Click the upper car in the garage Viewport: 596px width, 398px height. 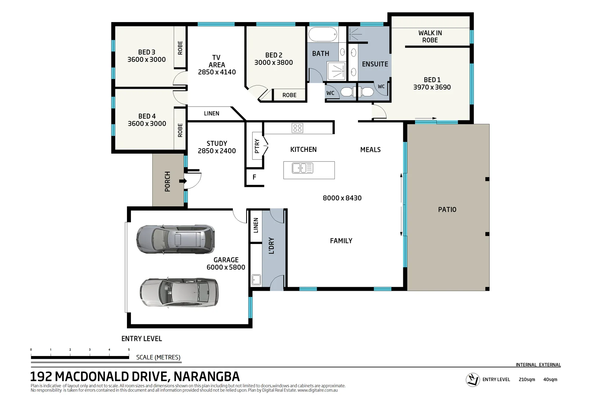point(175,240)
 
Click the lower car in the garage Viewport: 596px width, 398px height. point(179,293)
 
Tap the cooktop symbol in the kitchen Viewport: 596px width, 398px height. point(297,128)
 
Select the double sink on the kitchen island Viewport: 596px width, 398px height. point(302,168)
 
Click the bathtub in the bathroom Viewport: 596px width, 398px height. point(323,35)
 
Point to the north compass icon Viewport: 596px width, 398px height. point(472,380)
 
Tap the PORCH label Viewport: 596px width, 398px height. point(167,181)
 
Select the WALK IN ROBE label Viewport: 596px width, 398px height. point(430,36)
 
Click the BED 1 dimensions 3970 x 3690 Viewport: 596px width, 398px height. point(432,87)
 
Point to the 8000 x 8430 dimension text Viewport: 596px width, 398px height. point(342,198)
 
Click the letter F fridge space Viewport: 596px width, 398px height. point(254,177)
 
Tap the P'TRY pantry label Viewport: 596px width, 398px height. point(257,146)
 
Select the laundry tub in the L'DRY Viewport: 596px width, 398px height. point(256,280)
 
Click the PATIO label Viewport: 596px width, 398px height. point(447,209)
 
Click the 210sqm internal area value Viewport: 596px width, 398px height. point(527,380)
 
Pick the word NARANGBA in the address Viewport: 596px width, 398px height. point(206,376)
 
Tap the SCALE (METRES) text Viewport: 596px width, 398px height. point(158,357)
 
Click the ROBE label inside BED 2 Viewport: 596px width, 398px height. point(289,95)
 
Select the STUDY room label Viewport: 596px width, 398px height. point(217,143)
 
